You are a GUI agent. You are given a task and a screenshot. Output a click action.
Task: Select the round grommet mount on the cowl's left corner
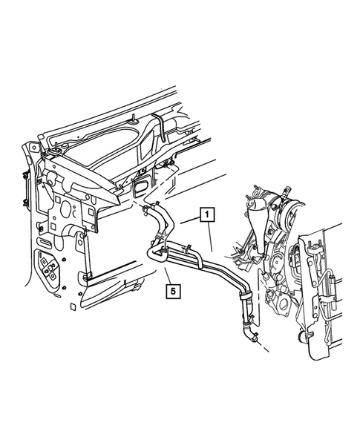tap(54, 151)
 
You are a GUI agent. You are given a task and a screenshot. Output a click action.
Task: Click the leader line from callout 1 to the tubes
tap(212, 237)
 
